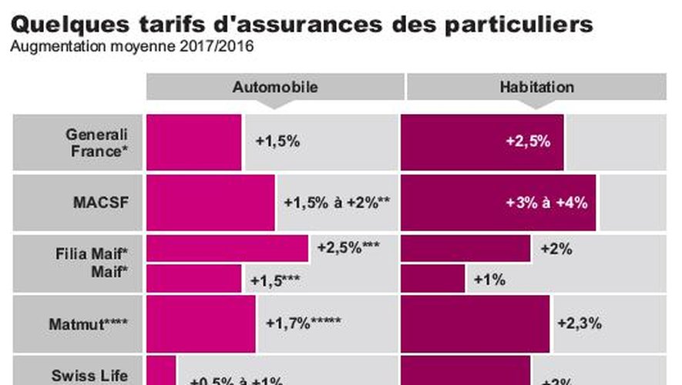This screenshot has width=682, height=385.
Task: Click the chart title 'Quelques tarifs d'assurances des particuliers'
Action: [x=301, y=22]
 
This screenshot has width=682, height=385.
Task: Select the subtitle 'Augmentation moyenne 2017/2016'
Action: [x=131, y=47]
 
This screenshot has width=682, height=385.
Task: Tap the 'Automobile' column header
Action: [x=274, y=87]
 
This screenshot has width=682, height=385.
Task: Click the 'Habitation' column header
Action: [x=536, y=87]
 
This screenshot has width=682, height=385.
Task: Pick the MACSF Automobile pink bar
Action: [x=210, y=203]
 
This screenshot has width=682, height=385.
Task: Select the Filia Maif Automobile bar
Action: [x=227, y=248]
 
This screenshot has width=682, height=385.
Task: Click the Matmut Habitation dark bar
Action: [x=475, y=323]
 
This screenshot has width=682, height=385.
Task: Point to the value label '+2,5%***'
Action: [x=348, y=248]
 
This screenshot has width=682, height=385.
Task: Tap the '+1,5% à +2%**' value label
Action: [x=337, y=203]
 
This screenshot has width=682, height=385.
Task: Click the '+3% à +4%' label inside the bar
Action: [x=546, y=203]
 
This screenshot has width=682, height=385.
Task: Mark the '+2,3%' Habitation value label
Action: [x=579, y=323]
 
